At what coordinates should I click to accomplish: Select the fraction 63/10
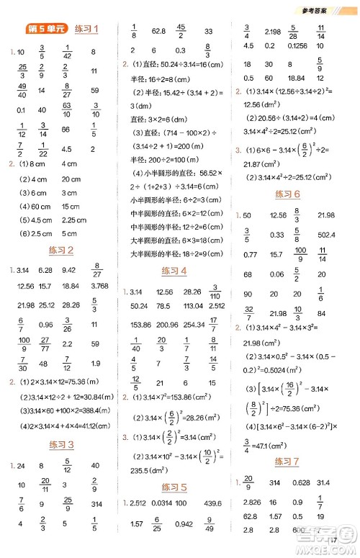(66, 110)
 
